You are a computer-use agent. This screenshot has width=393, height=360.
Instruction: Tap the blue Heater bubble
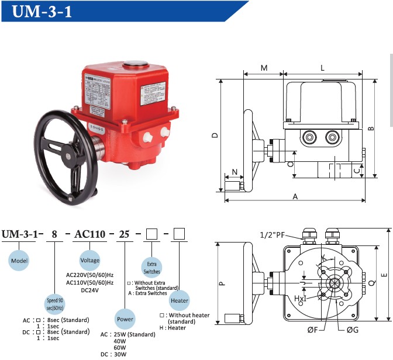coord(180,300)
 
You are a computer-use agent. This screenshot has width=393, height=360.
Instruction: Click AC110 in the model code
coord(89,234)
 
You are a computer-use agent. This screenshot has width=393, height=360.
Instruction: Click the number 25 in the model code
coord(125,234)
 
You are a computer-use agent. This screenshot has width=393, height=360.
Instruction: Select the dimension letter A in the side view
coord(295,197)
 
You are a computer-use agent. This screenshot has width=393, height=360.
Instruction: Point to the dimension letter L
coord(322,68)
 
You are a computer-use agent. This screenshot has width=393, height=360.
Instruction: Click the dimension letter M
coord(264,68)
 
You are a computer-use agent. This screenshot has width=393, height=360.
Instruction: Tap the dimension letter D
coord(215,136)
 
